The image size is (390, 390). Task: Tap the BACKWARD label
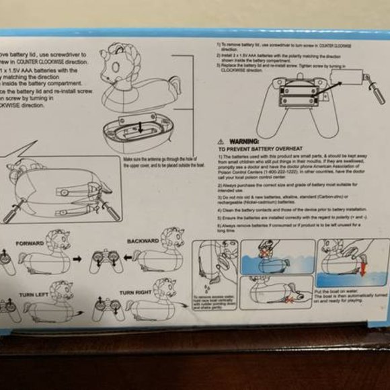(143, 240)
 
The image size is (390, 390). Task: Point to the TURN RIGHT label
(136, 293)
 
